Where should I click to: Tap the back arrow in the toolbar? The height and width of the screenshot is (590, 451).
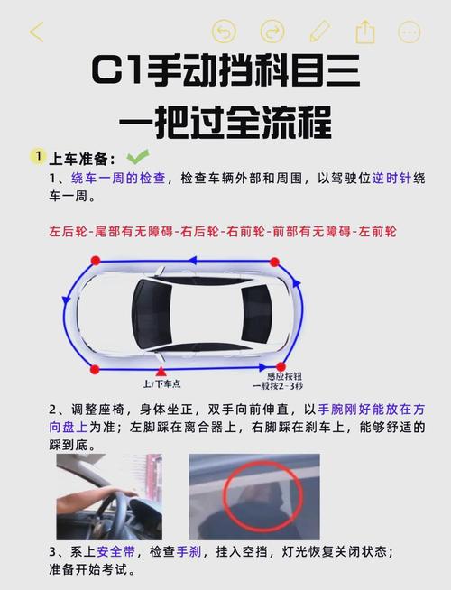point(37,32)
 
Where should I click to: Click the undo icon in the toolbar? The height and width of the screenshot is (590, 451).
point(224,32)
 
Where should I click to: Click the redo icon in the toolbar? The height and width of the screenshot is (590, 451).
point(272,32)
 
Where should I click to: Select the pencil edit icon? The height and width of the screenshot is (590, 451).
point(319,32)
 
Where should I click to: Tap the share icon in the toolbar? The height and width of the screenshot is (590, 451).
point(364,32)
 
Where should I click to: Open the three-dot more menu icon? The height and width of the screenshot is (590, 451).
point(410,32)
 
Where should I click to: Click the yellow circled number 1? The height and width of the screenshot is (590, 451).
point(37,157)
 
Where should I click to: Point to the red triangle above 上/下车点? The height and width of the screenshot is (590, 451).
point(161,371)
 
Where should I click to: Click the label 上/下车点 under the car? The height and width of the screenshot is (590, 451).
point(161,383)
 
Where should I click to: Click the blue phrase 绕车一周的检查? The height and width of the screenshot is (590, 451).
point(118,179)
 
